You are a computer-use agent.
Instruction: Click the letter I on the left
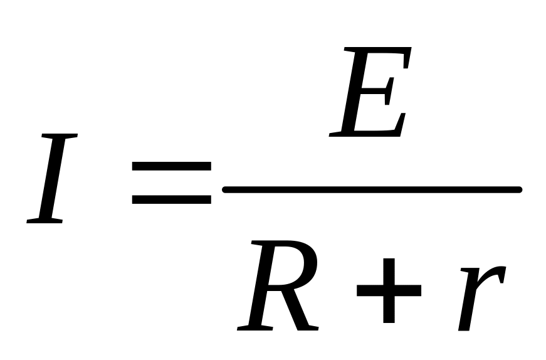click(x=53, y=179)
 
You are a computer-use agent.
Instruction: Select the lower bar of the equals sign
click(x=171, y=200)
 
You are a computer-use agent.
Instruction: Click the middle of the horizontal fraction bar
click(x=372, y=189)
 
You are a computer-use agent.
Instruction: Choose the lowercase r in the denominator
click(x=480, y=297)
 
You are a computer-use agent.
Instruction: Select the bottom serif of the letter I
click(x=45, y=220)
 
